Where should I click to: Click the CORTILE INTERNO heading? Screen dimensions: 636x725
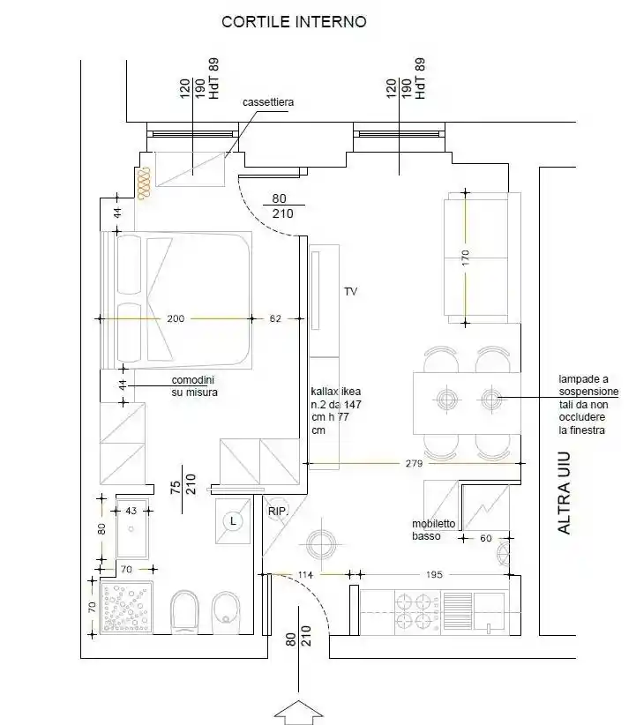point(294,22)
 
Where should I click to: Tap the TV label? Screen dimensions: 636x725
point(350,292)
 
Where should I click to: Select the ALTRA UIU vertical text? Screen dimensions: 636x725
point(565,493)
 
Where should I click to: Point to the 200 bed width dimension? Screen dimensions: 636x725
point(176,318)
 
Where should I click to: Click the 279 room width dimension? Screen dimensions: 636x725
point(414,463)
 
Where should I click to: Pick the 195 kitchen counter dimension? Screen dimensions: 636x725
point(434,575)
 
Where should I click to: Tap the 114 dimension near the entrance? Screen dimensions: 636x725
point(305,575)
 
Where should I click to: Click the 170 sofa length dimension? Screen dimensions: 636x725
point(466,258)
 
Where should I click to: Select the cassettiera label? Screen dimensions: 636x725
point(268,102)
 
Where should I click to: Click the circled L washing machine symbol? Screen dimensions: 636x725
point(233,521)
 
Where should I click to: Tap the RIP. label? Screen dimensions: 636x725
point(278,512)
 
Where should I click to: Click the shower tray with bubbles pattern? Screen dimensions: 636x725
point(126,608)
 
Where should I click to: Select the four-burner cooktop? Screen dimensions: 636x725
point(414,611)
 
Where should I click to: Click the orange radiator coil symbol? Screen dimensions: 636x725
point(145,183)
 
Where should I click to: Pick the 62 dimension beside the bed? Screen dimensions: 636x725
point(275,318)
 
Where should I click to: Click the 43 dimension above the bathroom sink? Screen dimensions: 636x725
point(131,511)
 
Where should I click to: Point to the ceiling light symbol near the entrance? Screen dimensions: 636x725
point(321,544)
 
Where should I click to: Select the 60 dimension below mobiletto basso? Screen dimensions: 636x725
point(486,538)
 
